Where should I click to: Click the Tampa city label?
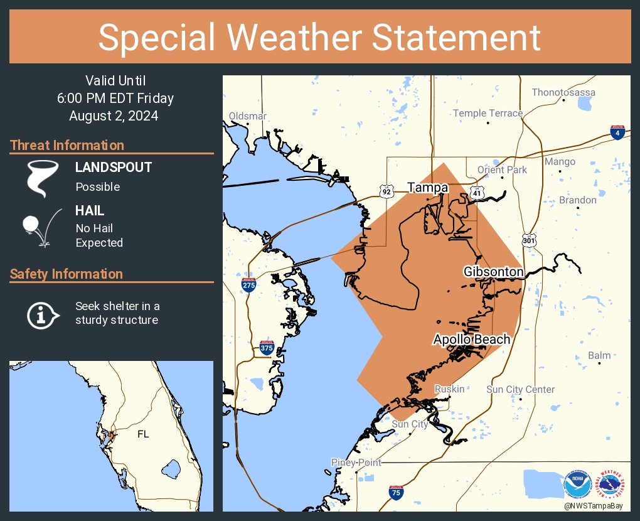427,188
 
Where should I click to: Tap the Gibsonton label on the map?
493,272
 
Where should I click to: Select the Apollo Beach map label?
471,340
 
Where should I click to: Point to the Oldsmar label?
248,116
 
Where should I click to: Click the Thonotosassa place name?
563,92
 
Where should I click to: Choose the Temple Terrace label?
488,113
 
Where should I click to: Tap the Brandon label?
577,200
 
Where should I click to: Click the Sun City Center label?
520,389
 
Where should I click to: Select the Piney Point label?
355,462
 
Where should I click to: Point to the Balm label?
599,355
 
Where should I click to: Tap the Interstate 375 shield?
267,347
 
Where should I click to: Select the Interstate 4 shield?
617,132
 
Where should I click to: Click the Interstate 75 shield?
395,493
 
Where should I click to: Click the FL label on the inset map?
143,434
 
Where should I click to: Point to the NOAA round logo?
577,485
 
